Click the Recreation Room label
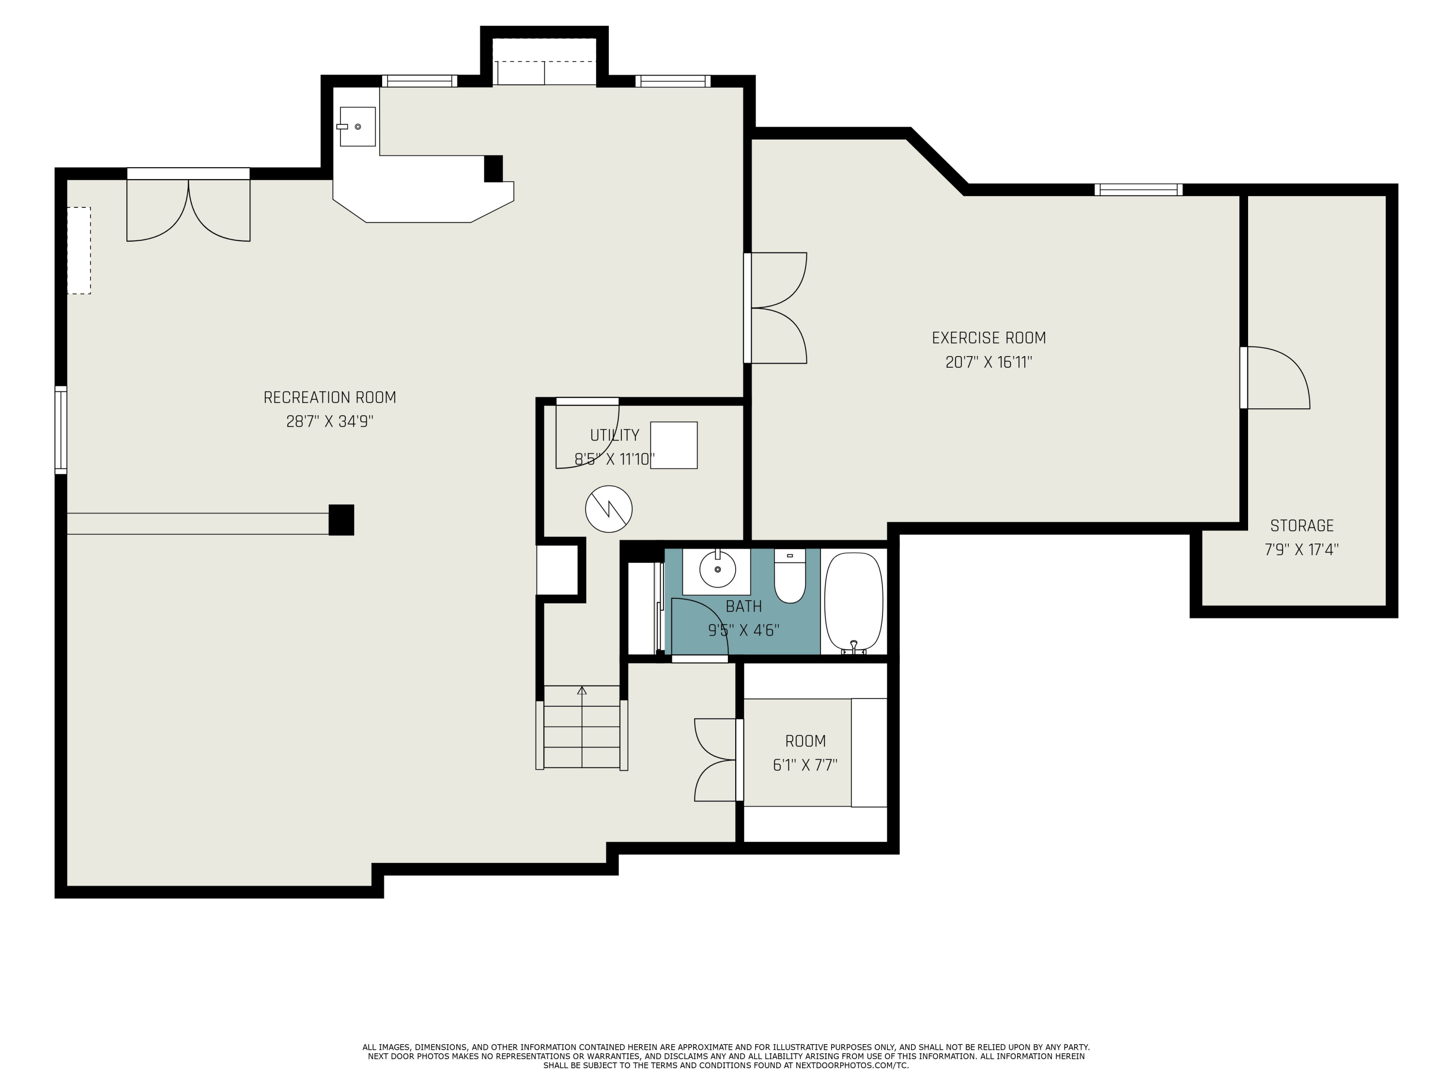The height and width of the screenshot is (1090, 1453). click(x=330, y=398)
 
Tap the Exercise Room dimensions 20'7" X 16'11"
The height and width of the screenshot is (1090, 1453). click(x=989, y=362)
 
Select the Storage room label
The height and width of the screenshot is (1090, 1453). click(x=1302, y=526)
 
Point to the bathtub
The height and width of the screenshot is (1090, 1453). click(x=854, y=602)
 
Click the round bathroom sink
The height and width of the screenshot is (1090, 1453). click(x=717, y=569)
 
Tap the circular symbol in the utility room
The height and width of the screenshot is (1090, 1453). click(x=609, y=509)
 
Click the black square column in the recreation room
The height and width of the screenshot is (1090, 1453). click(x=341, y=520)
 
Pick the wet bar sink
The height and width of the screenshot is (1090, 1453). click(x=357, y=126)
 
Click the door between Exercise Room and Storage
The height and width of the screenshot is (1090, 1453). click(x=1275, y=378)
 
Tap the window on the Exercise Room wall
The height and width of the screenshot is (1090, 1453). click(x=1138, y=190)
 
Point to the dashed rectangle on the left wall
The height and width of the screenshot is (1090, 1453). click(x=79, y=250)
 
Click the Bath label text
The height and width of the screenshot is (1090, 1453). click(x=743, y=606)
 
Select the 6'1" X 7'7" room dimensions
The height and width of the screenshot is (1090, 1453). click(x=805, y=765)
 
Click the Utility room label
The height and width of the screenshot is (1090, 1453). click(x=614, y=435)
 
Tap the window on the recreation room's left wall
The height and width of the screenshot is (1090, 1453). click(x=61, y=430)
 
